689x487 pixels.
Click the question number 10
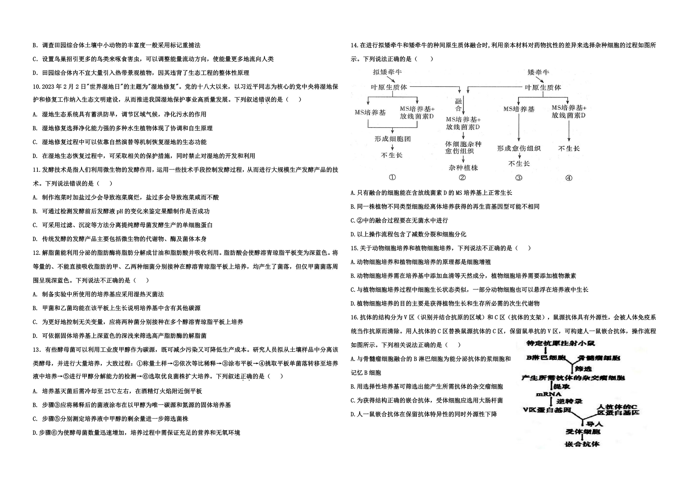pos(37,87)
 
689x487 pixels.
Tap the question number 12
pos(37,253)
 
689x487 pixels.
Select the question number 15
pos(355,248)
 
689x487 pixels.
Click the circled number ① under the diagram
pos(392,177)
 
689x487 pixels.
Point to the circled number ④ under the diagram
pos(569,178)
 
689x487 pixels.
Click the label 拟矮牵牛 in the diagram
pos(387,72)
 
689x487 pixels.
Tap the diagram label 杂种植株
pos(463,168)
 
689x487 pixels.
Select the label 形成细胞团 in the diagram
pos(392,139)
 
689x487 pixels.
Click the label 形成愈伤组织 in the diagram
pos(519,148)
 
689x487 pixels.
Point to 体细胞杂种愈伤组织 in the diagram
pos(463,148)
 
